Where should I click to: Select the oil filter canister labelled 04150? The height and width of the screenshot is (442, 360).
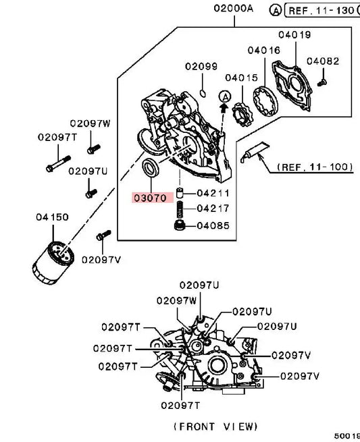point(53,262)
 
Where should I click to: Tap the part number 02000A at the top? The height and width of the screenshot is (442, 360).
point(233,8)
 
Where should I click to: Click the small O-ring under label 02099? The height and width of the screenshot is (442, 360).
point(203,92)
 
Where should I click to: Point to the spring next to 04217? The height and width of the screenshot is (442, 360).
point(180,209)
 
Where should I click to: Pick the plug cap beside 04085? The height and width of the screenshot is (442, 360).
point(180,225)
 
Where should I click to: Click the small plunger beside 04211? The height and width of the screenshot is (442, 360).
point(180,193)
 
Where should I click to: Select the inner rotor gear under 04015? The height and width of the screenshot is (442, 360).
point(242,114)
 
